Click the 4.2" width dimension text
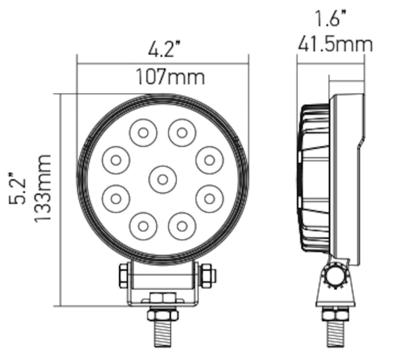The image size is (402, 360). pos(164,50)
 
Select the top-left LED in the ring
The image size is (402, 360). pos(143,133)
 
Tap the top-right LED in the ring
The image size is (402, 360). pos(182,133)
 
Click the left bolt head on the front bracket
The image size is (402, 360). pos(124,276)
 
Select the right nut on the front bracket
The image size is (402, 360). pos(207,276)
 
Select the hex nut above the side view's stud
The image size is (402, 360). pos(335,314)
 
